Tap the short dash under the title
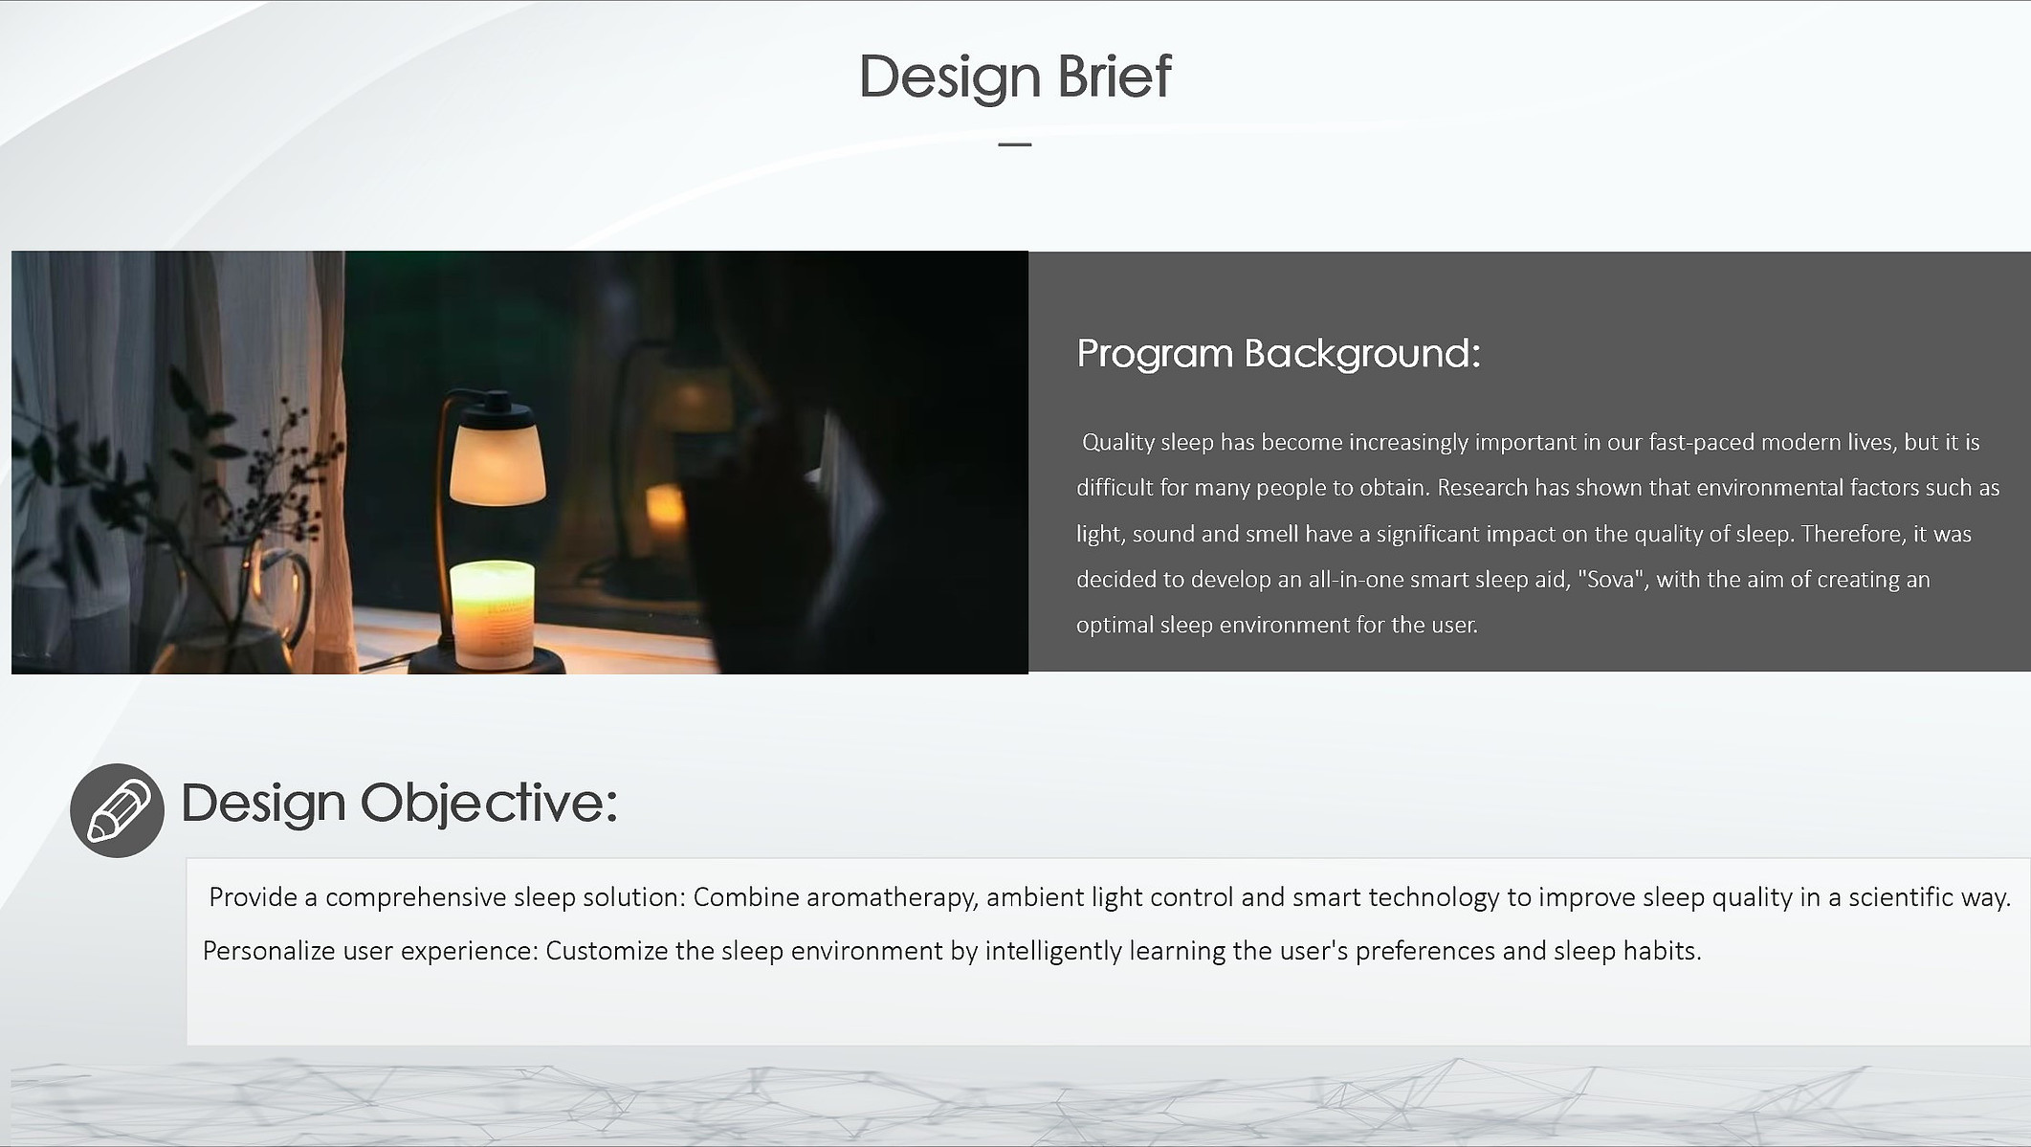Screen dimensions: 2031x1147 (x=1014, y=144)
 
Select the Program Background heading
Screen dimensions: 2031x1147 (x=1278, y=354)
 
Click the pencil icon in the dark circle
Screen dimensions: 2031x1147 (x=117, y=810)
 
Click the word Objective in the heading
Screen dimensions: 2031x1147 (x=489, y=804)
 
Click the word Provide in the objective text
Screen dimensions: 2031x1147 (x=253, y=897)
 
